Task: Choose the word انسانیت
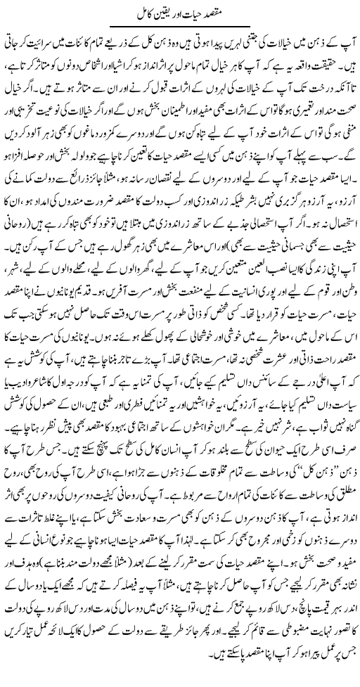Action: click(x=232, y=323)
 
